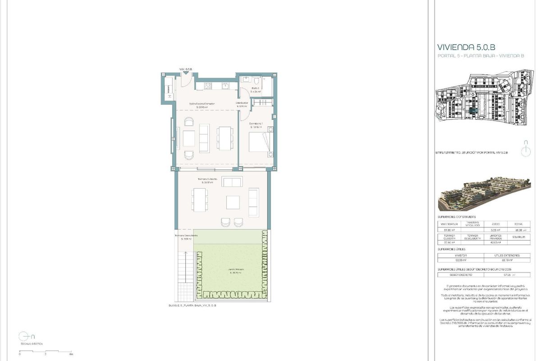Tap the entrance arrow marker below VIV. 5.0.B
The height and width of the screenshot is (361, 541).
click(x=185, y=73)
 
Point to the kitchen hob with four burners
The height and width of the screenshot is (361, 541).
click(x=208, y=85)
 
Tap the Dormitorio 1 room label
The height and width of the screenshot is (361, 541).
click(x=256, y=125)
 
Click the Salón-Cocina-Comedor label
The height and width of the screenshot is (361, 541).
click(x=202, y=105)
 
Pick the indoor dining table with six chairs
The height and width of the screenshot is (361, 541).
click(x=224, y=137)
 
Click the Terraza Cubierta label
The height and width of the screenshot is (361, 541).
click(x=208, y=180)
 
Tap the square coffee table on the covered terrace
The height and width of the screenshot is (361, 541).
click(x=233, y=202)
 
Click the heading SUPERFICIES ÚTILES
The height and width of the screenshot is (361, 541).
click(x=452, y=249)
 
